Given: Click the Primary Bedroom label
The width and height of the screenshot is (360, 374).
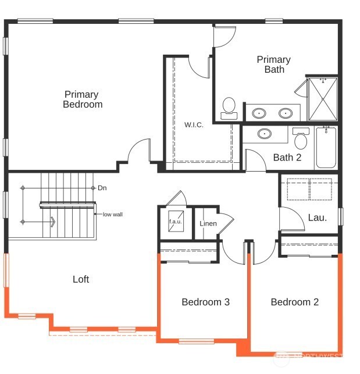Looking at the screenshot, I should coord(82,99).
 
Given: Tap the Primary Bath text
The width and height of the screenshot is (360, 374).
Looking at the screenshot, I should coord(273,64).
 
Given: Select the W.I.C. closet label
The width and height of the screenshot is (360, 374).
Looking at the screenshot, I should coord(194,125).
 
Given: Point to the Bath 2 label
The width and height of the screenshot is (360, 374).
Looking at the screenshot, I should coord(287,157).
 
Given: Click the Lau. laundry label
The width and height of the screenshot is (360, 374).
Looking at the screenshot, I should coord(317,218).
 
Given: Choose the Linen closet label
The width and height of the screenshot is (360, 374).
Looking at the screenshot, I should coord(208,224).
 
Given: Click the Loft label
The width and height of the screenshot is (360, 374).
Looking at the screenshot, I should coord(81,280).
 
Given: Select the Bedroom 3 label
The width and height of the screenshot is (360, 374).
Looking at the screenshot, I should coord(205,302).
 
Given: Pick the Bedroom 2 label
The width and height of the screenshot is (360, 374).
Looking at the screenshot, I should coord(295,302).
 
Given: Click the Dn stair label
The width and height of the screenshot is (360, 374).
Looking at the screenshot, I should coord(102,188).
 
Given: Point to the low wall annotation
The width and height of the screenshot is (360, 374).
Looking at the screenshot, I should coord(112,215).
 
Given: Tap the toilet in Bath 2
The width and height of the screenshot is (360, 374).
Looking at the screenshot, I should coord(301,138).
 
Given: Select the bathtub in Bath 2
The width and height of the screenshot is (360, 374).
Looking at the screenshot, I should coord(325,148).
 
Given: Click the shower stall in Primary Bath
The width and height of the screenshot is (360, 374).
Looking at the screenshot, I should coord(322,98).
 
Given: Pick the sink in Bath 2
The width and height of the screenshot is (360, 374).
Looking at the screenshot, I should coord(265,134).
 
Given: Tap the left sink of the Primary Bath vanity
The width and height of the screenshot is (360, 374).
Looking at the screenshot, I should coord(260,113).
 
